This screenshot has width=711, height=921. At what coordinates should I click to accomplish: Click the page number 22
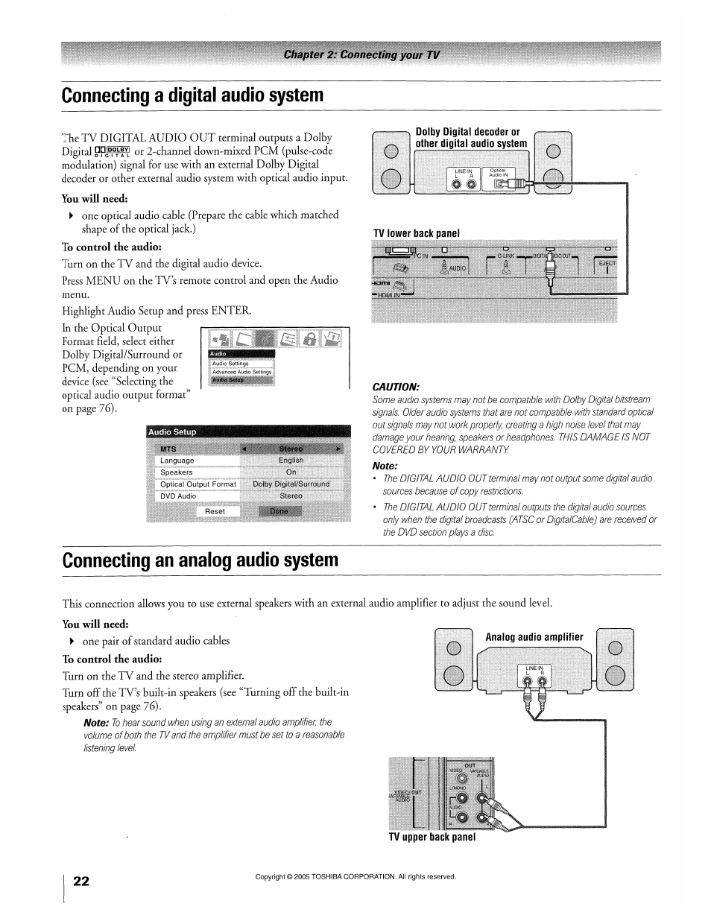pos(81,882)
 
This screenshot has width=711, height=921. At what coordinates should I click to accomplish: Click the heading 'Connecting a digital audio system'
pos(193,95)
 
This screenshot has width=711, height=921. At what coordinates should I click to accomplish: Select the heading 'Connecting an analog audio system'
pos(200,560)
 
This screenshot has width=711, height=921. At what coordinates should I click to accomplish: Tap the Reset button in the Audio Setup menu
pos(215,511)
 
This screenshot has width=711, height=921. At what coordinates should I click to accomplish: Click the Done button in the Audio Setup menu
pos(279,511)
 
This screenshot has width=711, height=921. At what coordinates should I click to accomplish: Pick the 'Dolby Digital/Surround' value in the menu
pos(291,484)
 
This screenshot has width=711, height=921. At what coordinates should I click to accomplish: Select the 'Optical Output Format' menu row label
pos(197,484)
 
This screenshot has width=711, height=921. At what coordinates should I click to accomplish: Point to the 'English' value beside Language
pos(291,460)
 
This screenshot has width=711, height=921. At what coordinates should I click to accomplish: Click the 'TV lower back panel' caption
pos(416,233)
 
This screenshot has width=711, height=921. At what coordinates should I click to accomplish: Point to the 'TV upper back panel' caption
pos(432,837)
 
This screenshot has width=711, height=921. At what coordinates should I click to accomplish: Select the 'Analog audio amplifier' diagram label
pos(534,637)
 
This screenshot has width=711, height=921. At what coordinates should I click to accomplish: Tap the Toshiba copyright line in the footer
pos(355,876)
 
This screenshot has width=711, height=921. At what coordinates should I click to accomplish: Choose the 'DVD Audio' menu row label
pos(178,496)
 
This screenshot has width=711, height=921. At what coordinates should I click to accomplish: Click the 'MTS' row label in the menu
pos(168,449)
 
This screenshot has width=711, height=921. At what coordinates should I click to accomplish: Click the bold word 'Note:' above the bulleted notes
pos(385,466)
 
